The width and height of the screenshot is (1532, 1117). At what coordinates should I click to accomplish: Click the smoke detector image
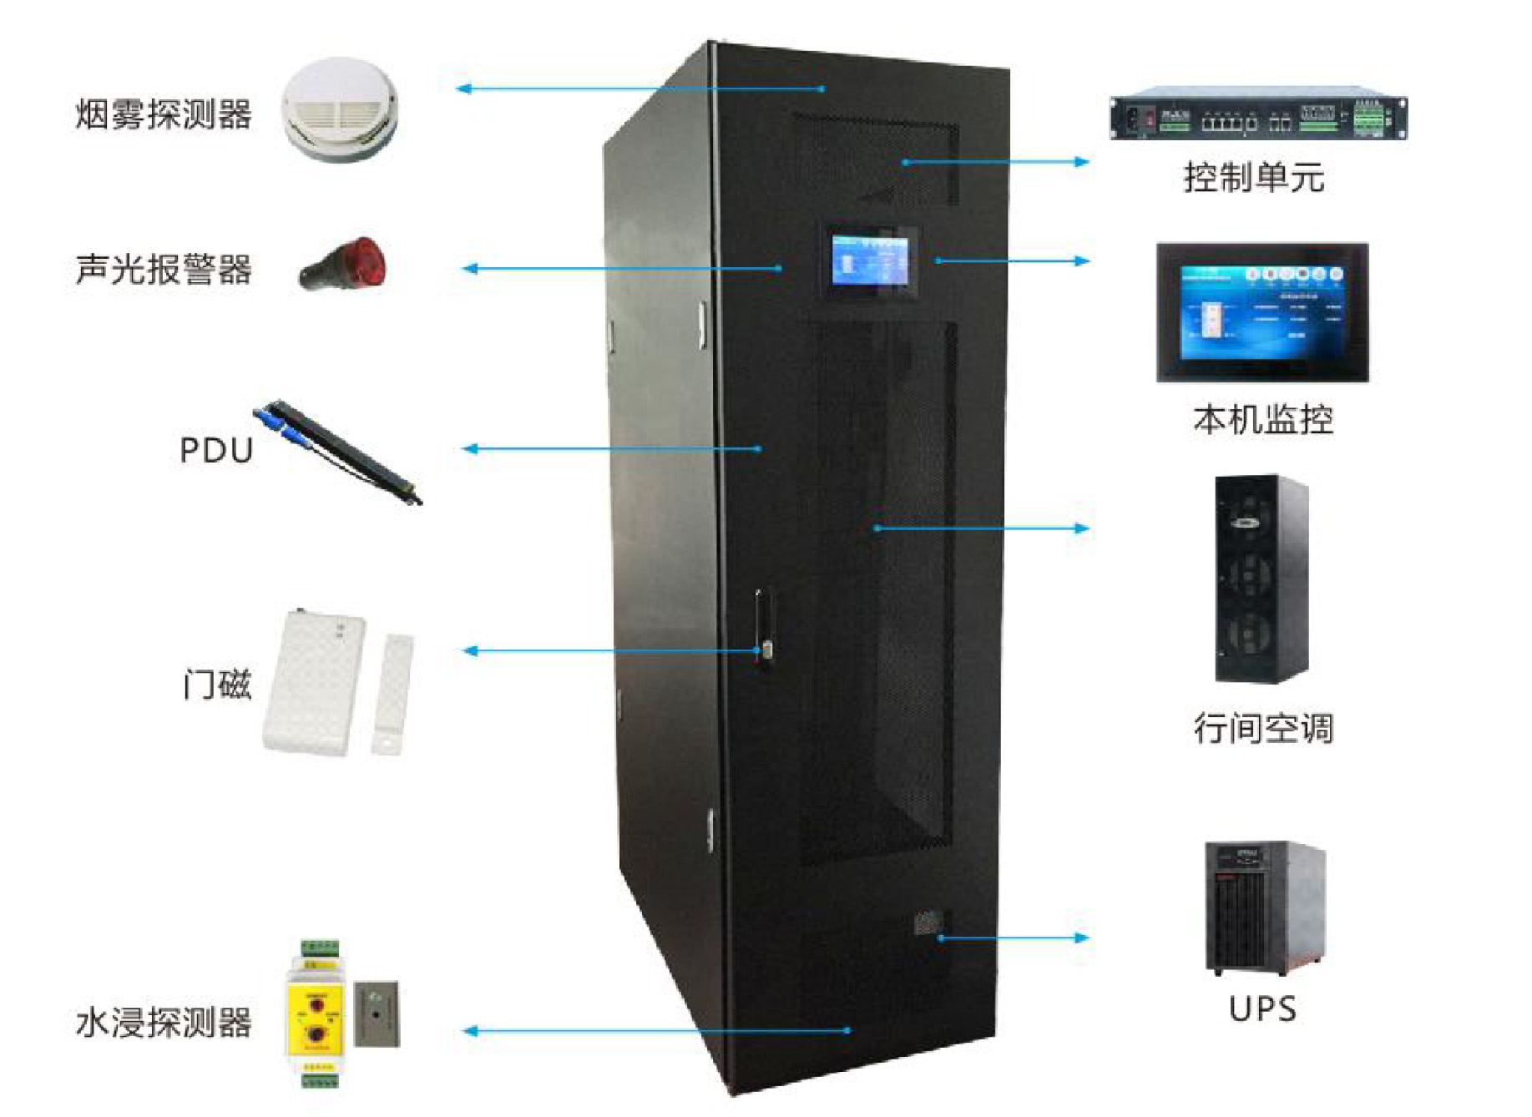click(339, 109)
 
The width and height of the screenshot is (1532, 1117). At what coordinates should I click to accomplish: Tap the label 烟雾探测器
click(164, 114)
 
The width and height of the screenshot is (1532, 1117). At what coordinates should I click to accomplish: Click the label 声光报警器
click(164, 270)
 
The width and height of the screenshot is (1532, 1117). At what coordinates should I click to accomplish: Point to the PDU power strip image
click(338, 452)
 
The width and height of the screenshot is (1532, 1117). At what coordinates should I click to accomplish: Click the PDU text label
click(216, 451)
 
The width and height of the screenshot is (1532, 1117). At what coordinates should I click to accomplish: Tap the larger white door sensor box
click(314, 683)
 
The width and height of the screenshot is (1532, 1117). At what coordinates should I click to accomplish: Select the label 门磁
click(217, 685)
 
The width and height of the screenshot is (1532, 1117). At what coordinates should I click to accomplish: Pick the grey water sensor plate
click(377, 1013)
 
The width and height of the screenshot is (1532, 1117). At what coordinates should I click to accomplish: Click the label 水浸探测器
click(164, 1023)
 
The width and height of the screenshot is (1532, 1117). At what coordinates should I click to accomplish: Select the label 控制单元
click(1253, 178)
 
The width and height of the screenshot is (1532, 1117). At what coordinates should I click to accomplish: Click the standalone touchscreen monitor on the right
click(1261, 313)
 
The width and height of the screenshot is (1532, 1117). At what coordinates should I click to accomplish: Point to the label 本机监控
click(1262, 419)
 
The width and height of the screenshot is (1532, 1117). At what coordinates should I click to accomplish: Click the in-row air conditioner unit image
click(1260, 579)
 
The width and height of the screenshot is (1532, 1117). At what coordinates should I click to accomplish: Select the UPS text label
click(1262, 1009)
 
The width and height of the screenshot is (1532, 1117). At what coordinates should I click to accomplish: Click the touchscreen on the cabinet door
click(870, 260)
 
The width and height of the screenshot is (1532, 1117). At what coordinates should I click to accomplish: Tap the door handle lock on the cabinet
click(762, 628)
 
